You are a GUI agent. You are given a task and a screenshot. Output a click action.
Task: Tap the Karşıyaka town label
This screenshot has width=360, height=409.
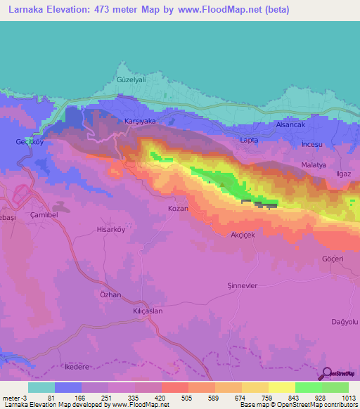coord(139,121)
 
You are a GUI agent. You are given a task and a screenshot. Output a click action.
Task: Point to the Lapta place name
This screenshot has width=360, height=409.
coord(250,141)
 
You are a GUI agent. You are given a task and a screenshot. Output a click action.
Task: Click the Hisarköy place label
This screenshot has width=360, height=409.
coord(110,229)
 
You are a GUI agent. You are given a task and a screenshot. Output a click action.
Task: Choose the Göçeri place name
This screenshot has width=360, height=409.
coord(332,259)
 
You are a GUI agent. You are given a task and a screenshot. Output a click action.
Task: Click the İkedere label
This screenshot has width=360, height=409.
coord(79,367)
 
